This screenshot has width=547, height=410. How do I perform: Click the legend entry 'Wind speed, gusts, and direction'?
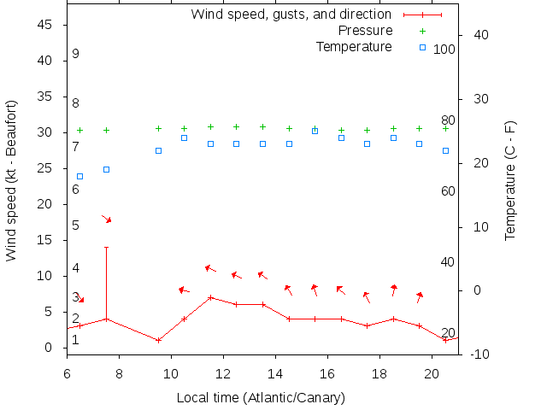pos(291,14)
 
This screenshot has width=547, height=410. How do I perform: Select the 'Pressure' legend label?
pos(366,30)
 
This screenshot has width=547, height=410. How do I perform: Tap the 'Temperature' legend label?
pos(354,46)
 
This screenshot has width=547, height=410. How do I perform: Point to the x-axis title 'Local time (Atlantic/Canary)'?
pos(261,398)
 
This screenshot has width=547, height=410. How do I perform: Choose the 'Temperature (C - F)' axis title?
pos(510,180)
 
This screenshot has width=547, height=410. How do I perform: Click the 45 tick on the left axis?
pos(47,25)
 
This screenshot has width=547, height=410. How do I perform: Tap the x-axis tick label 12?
pos(223,372)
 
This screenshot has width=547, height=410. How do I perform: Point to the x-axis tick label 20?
pos(432,372)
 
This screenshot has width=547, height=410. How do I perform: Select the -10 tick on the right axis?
pos(479,354)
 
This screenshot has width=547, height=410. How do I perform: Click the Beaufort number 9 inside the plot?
pos(76,54)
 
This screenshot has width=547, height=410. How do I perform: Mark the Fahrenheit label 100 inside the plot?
pos(444,49)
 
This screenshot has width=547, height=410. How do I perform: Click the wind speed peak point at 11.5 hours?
pos(210,297)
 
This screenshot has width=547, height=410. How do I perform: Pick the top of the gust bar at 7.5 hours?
pos(106,248)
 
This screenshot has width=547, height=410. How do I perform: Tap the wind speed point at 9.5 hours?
pos(158,340)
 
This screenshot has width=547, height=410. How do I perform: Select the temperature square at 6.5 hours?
pos(80,176)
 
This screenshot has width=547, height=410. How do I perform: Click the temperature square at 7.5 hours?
pos(106,169)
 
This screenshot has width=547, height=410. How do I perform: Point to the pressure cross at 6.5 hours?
pos(80,130)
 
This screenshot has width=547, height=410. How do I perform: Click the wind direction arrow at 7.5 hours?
pos(107,220)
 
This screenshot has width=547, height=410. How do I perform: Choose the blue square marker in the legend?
pos(422,47)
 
